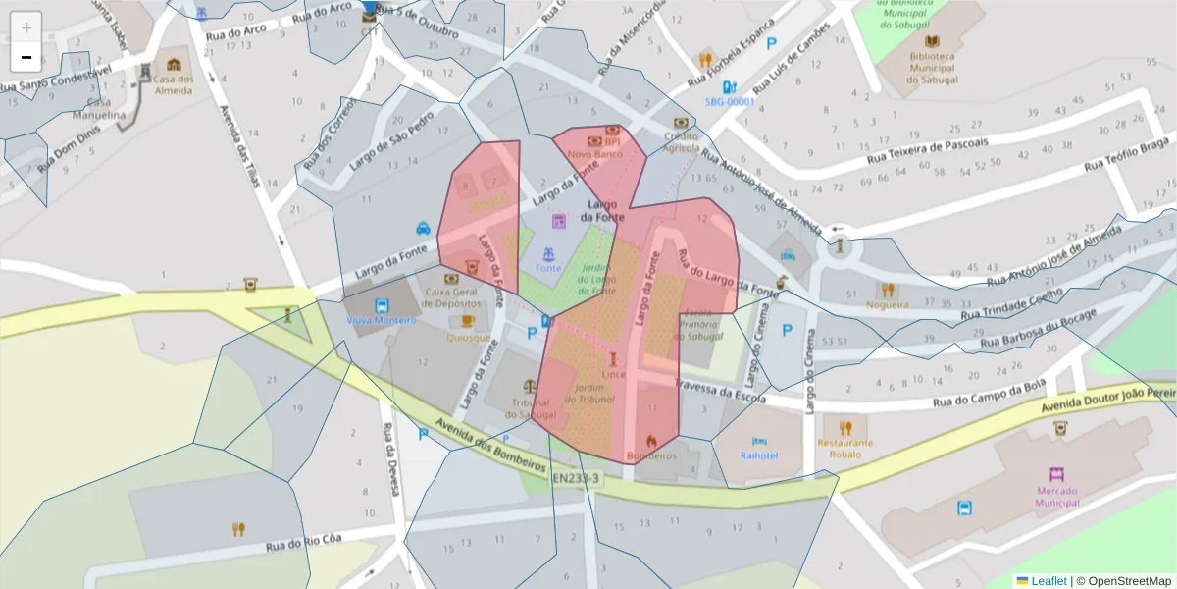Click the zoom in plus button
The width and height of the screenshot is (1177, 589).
click(x=26, y=27)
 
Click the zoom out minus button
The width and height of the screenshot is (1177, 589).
click(x=26, y=57)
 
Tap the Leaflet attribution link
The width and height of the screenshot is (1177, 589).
click(x=1049, y=581)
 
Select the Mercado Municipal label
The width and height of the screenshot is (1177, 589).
click(x=1056, y=496)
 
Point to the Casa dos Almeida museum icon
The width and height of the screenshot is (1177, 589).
click(x=175, y=64)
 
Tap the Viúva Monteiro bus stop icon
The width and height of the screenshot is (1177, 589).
click(x=382, y=304)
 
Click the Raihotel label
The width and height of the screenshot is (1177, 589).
click(x=759, y=455)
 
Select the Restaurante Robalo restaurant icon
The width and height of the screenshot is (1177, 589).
click(x=845, y=427)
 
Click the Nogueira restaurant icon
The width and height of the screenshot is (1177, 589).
click(x=888, y=290)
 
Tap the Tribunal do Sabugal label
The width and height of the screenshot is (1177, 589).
click(x=530, y=408)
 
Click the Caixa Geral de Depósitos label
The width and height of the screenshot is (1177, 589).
click(x=452, y=298)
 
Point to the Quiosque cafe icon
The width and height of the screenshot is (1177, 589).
click(x=468, y=321)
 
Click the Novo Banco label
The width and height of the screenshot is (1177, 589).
click(x=595, y=154)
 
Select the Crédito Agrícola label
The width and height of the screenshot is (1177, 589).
click(x=681, y=142)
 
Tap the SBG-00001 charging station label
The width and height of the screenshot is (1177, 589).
click(x=730, y=101)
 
